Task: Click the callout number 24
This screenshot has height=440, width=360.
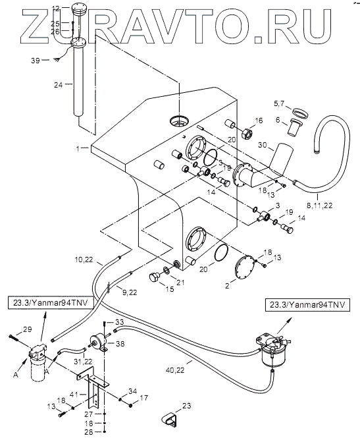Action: tap(59, 85)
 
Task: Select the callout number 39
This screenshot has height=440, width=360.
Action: tap(36, 61)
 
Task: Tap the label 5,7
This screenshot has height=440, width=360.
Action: tap(279, 103)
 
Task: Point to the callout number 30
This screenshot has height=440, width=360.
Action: tap(262, 145)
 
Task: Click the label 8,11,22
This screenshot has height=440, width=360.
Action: tap(319, 206)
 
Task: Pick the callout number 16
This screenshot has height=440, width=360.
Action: tap(259, 121)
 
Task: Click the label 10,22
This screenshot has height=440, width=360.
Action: tap(84, 260)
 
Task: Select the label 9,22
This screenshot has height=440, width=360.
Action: tap(130, 292)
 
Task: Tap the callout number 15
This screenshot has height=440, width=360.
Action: tap(170, 289)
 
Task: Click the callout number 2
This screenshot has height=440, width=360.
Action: tap(227, 286)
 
